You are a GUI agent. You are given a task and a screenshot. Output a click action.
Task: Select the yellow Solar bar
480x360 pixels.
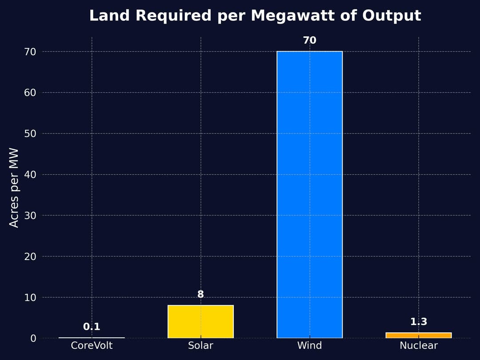pyautogui.click(x=200, y=321)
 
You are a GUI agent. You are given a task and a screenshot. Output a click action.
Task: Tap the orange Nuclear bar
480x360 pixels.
pyautogui.click(x=418, y=335)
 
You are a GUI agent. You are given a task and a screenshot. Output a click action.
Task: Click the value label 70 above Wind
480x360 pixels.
pyautogui.click(x=309, y=40)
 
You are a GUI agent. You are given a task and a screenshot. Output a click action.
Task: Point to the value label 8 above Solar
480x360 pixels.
pyautogui.click(x=200, y=294)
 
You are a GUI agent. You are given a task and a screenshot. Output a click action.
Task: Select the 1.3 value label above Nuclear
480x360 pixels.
pyautogui.click(x=418, y=322)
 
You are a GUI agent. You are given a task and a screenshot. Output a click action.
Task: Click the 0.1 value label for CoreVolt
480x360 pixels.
pyautogui.click(x=92, y=327)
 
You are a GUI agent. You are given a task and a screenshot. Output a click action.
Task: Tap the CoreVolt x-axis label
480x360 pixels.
pyautogui.click(x=92, y=345)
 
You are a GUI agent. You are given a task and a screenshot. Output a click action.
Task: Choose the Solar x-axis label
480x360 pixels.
pyautogui.click(x=200, y=345)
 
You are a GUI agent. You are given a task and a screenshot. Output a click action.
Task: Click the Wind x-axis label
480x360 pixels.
pyautogui.click(x=309, y=345)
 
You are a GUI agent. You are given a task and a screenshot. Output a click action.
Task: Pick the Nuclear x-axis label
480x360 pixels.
pyautogui.click(x=418, y=345)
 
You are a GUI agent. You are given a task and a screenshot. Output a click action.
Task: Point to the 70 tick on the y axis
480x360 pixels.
pyautogui.click(x=30, y=52)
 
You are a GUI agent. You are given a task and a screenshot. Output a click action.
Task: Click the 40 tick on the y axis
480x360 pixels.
pyautogui.click(x=30, y=175)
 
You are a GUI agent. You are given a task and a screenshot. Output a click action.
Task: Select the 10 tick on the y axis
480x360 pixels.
pyautogui.click(x=30, y=297)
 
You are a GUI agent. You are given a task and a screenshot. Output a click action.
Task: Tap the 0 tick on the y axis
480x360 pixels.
pyautogui.click(x=33, y=338)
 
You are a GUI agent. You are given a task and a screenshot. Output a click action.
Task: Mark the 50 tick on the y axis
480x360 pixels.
pyautogui.click(x=30, y=134)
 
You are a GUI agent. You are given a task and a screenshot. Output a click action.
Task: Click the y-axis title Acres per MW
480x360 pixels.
pyautogui.click(x=14, y=188)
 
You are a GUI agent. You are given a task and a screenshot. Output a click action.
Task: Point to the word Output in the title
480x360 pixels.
pyautogui.click(x=392, y=16)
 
